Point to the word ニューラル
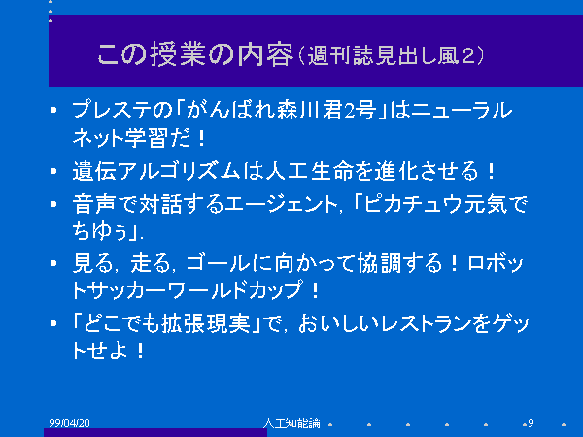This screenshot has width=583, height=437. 462,110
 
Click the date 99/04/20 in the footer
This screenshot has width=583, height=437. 70,422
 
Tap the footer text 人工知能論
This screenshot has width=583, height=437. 291,422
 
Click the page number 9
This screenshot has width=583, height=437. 531,422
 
